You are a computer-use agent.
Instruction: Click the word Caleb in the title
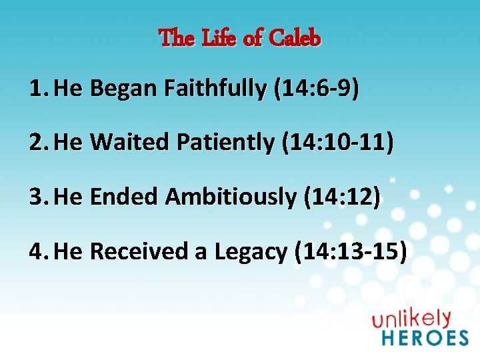click(295, 39)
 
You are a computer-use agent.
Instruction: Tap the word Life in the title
click(219, 39)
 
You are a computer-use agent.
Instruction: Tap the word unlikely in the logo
click(411, 319)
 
